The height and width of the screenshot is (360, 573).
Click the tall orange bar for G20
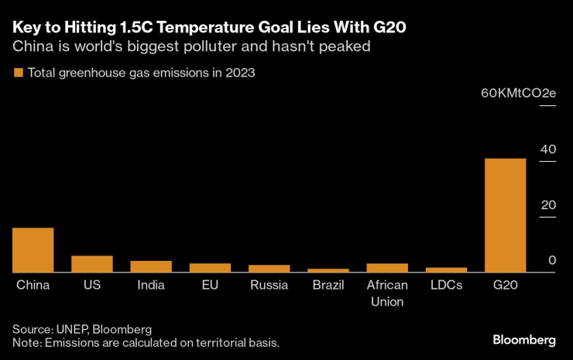505,215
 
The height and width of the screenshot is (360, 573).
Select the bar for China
33,250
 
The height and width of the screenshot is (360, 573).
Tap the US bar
92,264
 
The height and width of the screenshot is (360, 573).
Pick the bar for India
151,266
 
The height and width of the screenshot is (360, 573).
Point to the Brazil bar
328,270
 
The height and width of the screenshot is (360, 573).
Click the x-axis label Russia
269,285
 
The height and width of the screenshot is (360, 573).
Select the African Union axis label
387,293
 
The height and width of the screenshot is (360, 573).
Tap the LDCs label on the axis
446,285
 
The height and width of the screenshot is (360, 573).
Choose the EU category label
210,285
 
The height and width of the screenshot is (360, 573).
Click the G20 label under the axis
505,285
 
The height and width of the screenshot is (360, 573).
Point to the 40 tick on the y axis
548,149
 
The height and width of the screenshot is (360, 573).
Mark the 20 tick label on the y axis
548,205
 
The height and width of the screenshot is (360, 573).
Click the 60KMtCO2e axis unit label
518,93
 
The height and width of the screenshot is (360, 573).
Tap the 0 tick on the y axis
552,261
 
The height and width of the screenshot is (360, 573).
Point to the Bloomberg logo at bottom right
524,340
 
